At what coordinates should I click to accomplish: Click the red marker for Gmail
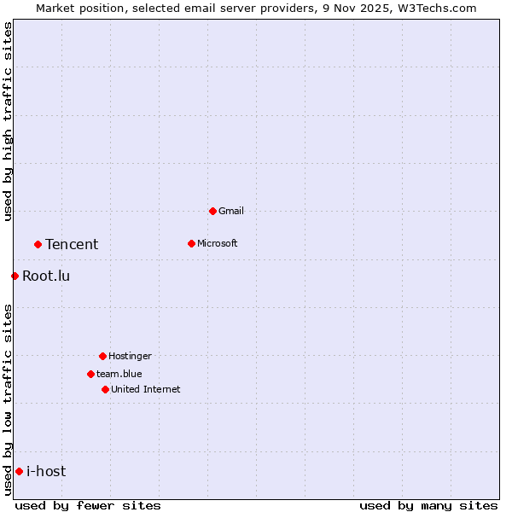tap(212, 211)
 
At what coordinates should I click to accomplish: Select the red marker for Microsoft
tap(191, 243)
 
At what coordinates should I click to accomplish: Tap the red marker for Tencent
tap(38, 244)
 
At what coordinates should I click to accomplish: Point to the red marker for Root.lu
tap(15, 276)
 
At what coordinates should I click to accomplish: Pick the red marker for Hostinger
tap(102, 356)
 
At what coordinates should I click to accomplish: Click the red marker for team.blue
tap(90, 374)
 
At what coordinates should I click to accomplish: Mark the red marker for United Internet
tap(105, 389)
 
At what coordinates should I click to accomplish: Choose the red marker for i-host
tap(19, 471)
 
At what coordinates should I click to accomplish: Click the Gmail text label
tap(231, 211)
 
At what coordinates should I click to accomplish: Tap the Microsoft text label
tap(217, 243)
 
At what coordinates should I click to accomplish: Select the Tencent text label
tap(72, 244)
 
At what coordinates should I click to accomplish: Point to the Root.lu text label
tap(46, 276)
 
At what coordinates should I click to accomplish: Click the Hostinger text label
tap(130, 356)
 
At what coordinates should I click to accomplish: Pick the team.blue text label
tap(119, 374)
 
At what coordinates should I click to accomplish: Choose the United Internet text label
tap(145, 389)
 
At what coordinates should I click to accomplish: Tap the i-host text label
tap(46, 471)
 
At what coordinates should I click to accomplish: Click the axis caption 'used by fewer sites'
tap(88, 505)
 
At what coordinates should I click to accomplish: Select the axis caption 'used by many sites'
tap(428, 505)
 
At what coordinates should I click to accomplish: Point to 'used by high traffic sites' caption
tap(8, 121)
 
